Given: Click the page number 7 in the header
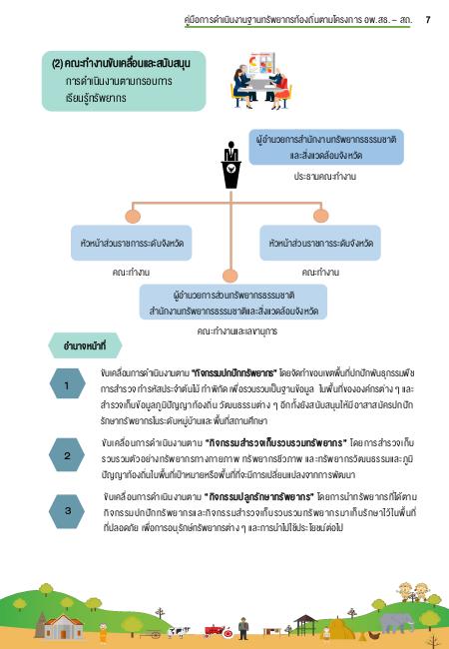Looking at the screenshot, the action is coord(428,19).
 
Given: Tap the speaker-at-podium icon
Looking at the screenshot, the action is coord(231,165).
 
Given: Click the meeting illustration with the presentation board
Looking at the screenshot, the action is coord(260,80).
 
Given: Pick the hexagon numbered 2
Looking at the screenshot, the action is coord(67,455).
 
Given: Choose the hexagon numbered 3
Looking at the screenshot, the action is coord(67,510).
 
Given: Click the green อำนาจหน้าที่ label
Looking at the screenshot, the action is coord(85,345).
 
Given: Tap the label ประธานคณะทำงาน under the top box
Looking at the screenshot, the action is coord(325,177).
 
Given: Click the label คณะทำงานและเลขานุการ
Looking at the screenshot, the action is coord(237,331).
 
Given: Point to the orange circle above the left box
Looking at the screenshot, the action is coord(133,216).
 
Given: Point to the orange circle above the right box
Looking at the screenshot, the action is coord(321,216).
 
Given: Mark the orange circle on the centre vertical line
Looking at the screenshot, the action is coord(230,276).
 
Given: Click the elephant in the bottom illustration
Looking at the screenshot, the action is coord(396,622).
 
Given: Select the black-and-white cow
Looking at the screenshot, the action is coord(179,632).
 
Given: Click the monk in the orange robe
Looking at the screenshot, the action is coord(103,633).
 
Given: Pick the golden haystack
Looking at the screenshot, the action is coord(340,629).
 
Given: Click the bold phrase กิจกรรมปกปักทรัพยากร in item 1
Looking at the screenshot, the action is coord(233,373).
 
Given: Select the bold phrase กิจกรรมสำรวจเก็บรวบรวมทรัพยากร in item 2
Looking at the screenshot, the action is coord(275,443).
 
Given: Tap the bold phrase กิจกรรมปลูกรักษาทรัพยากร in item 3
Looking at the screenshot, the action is coord(259,496).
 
